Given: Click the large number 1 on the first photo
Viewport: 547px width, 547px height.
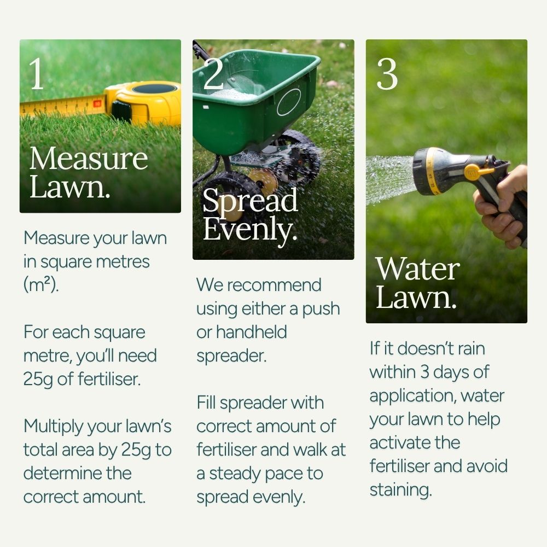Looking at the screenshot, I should [x=37, y=74].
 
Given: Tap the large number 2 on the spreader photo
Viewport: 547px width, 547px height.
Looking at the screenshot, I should [x=213, y=74].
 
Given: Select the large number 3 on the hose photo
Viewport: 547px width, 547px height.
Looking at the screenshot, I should [x=387, y=74].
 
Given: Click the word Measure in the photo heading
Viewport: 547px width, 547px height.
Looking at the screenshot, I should [x=89, y=159].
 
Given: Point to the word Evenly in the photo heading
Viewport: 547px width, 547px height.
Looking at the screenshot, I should [x=249, y=230].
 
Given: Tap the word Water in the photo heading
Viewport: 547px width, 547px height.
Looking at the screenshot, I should [x=417, y=269].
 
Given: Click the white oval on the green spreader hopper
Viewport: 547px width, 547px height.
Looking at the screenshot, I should [x=289, y=102].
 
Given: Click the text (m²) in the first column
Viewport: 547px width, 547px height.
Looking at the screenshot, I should [x=40, y=285].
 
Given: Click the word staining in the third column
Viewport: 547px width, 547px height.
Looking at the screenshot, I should [x=400, y=489].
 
